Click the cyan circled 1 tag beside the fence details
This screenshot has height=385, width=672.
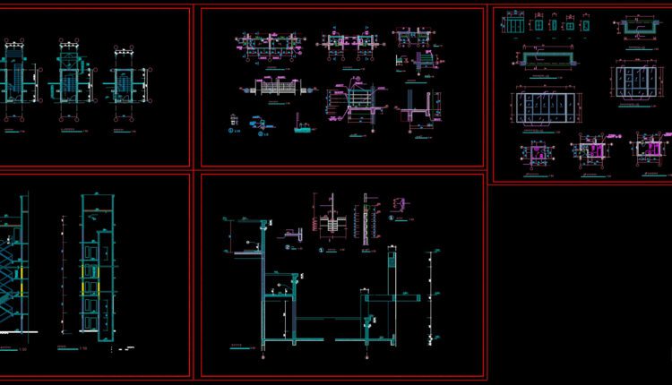coord(232,132)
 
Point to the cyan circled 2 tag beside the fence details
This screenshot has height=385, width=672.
coord(261,133)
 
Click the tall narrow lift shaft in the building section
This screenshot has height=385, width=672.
coord(93,269)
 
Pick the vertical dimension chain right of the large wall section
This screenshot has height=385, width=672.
coord(435,295)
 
